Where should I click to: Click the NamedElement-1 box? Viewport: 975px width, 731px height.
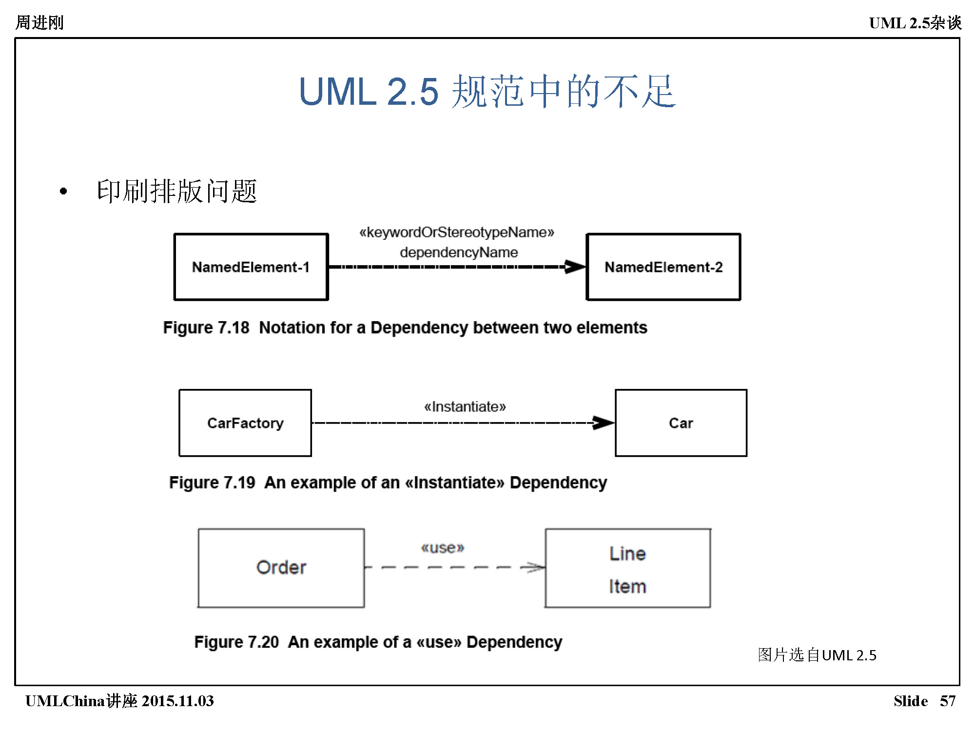[x=251, y=267]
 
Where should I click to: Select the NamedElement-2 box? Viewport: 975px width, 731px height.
[x=663, y=267]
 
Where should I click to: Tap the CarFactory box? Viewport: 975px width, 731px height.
[x=245, y=423]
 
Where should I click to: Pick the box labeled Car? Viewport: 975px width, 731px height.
[x=681, y=423]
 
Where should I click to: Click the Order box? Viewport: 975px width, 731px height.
[x=281, y=568]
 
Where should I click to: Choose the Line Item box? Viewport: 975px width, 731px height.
[x=628, y=568]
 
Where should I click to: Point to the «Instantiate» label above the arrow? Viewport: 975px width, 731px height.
[x=465, y=406]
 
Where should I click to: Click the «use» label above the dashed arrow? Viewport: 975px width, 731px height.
[x=443, y=548]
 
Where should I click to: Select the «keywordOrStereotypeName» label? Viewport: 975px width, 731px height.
[x=457, y=232]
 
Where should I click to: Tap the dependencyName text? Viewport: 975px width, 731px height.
[x=459, y=252]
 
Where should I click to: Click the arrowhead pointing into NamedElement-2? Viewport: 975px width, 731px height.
[x=575, y=267]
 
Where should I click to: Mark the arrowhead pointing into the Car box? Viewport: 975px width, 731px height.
[x=604, y=423]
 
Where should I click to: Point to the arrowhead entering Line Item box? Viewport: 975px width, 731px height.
[x=534, y=567]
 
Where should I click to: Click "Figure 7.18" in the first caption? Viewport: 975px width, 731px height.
[x=206, y=327]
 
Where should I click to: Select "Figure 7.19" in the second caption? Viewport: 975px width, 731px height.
[x=212, y=482]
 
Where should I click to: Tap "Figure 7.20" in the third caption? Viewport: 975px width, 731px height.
[x=236, y=642]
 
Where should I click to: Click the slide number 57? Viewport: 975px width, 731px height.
[x=948, y=701]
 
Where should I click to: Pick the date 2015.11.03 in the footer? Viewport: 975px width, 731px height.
[x=177, y=701]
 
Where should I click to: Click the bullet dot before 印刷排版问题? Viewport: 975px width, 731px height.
[x=63, y=192]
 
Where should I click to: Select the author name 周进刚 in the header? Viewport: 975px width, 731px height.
[x=39, y=22]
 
